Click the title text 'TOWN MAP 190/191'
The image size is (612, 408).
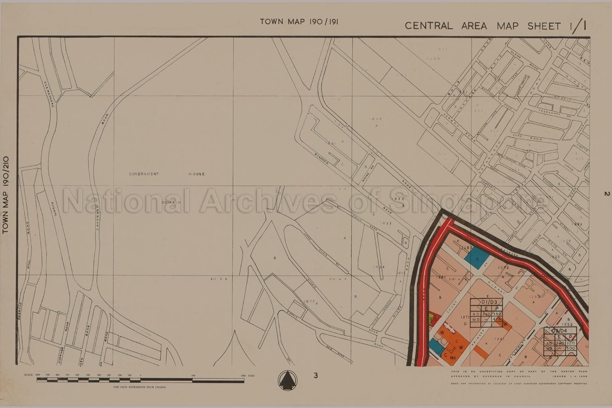[x=299, y=22]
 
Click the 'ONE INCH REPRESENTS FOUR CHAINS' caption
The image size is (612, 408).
[x=139, y=387]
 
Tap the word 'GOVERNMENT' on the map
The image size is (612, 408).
[x=144, y=174]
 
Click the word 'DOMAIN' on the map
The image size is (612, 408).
[x=171, y=202]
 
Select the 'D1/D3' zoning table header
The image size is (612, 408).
[x=486, y=302]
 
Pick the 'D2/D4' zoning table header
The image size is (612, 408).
[x=560, y=331]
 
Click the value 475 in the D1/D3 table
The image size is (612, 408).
[x=496, y=319]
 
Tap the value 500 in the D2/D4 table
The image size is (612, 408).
[x=570, y=348]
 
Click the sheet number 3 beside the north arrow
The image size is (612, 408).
[x=316, y=375]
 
